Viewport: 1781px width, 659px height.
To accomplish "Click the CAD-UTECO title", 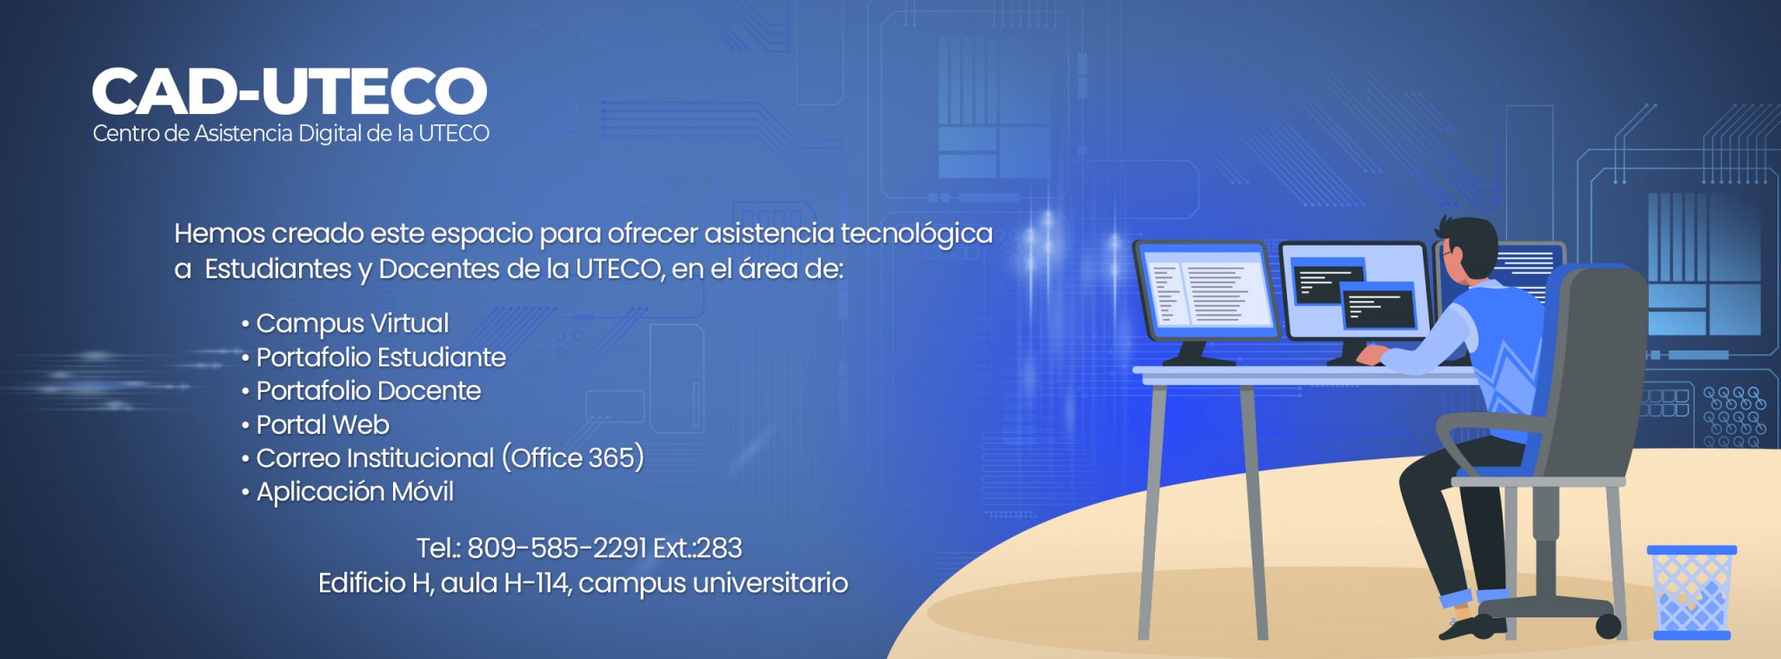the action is pos(290,91).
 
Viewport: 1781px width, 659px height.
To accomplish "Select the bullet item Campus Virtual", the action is pos(352,323).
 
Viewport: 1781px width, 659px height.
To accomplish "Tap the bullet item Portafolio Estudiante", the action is pos(381,357).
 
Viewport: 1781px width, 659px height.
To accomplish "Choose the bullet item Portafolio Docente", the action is pos(369,391).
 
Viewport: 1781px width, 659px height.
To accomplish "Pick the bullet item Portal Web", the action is pos(323,425).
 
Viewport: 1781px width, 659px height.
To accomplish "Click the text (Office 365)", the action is pos(573,458).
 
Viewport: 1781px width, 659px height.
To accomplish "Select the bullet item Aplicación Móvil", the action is pos(355,492).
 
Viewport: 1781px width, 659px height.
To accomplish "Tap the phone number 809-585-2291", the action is pos(557,549).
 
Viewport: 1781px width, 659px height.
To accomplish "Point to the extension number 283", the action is pos(719,549).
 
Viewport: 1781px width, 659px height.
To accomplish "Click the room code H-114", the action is pos(537,582).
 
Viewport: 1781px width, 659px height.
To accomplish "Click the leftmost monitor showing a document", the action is pos(1205,290).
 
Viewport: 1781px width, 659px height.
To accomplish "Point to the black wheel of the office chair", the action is pos(1608,625).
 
